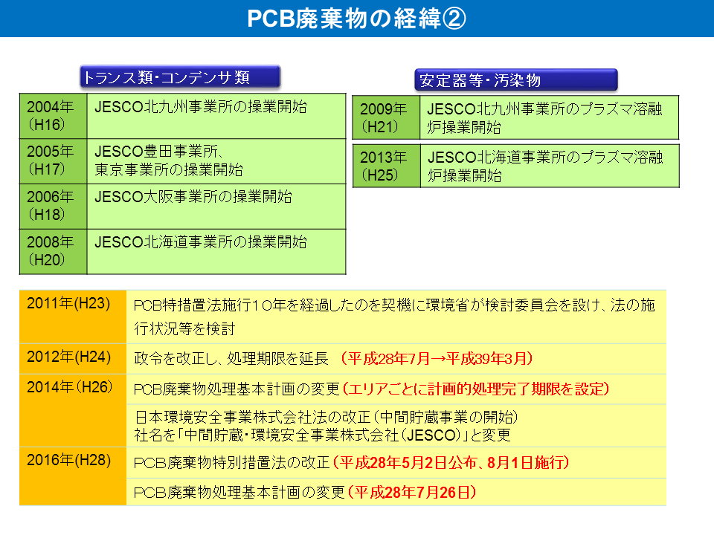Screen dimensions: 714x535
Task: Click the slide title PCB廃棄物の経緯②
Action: coord(356,19)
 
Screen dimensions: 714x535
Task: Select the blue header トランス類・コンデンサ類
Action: coord(180,77)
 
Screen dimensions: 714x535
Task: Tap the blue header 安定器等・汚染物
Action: coord(516,80)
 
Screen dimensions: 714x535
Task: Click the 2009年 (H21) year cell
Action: coord(386,117)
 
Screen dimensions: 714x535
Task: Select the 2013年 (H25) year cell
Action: coord(387,166)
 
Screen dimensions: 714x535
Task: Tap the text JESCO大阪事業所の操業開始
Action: coord(193,196)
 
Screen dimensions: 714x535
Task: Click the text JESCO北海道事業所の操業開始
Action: coord(200,241)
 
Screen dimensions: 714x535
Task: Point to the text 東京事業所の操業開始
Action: coord(169,169)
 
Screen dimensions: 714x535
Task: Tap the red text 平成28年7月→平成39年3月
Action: coord(437,358)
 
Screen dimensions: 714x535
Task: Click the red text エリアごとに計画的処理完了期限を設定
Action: coord(476,389)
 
